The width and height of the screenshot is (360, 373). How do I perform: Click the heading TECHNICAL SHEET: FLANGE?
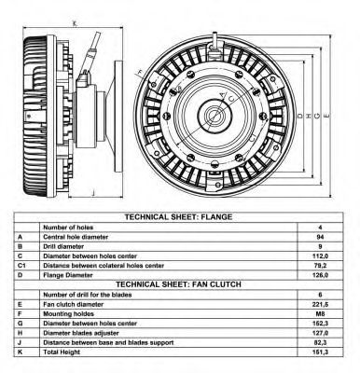tap(178, 216)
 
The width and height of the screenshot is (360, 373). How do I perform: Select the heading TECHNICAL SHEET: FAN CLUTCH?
tap(178, 284)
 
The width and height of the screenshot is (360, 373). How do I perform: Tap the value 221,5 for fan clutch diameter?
tap(320, 304)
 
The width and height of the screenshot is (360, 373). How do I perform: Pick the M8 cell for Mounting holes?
tap(320, 314)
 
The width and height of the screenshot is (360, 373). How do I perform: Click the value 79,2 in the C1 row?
tap(320, 266)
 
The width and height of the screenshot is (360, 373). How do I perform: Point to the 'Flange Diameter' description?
tap(68, 275)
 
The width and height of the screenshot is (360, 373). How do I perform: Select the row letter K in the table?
tap(21, 352)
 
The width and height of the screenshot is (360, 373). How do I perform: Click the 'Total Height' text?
tap(62, 352)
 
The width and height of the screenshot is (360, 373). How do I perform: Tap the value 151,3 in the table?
tap(320, 352)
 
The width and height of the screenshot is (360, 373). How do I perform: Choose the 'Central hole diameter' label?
tap(76, 237)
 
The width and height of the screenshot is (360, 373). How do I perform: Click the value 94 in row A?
tap(320, 237)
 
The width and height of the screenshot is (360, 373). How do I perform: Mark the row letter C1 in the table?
tap(21, 266)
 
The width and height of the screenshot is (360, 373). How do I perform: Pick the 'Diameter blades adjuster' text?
tap(81, 333)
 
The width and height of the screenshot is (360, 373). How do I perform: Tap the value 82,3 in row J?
tap(320, 342)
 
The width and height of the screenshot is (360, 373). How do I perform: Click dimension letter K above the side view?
tap(74, 23)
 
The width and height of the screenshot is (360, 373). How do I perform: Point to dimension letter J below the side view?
tap(93, 193)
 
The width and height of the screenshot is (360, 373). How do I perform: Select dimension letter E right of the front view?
tap(326, 116)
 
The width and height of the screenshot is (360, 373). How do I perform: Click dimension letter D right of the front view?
tap(299, 116)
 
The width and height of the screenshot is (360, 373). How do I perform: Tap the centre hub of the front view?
tap(215, 116)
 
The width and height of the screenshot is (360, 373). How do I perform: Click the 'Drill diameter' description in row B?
tap(63, 246)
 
